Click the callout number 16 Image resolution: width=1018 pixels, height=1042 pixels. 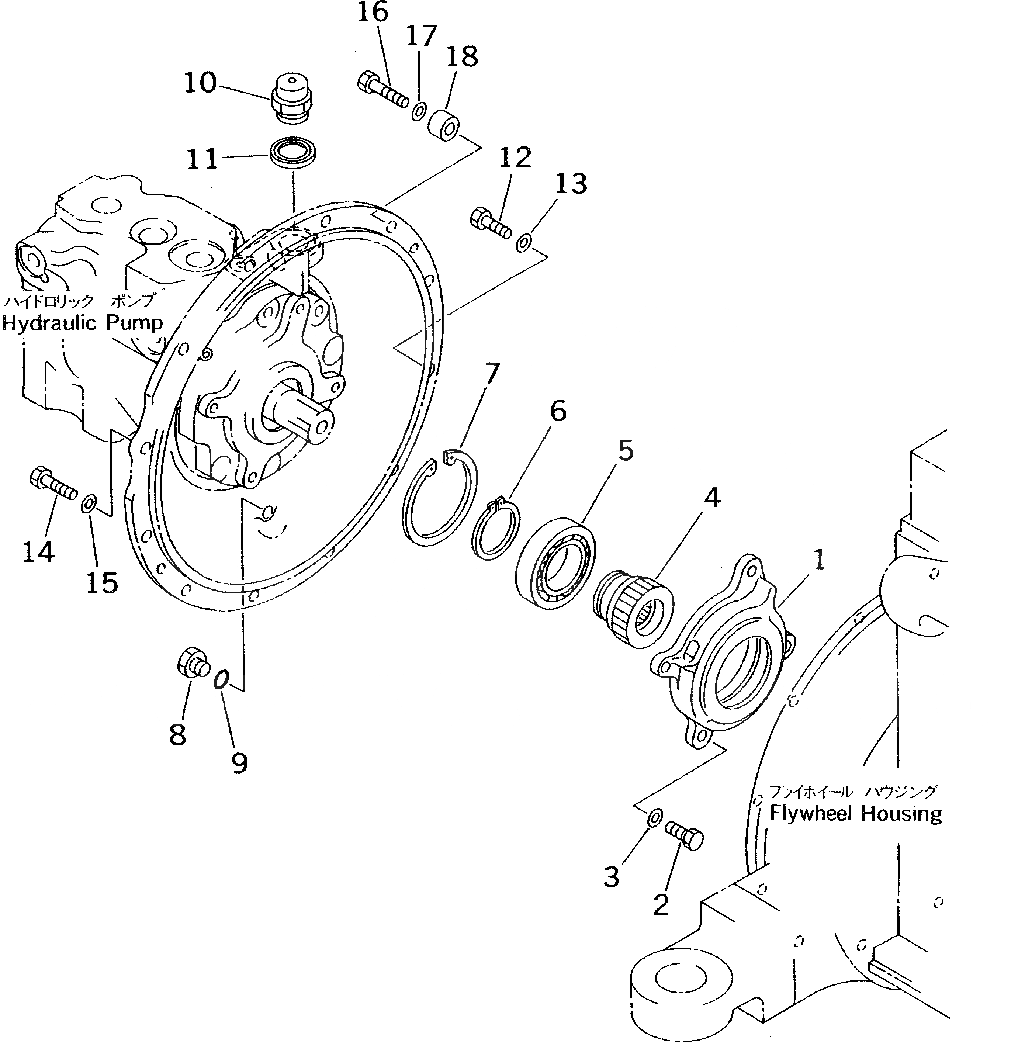click(372, 13)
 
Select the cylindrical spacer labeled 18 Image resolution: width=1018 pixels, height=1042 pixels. click(444, 126)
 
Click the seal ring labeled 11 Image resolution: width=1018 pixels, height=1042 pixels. click(293, 154)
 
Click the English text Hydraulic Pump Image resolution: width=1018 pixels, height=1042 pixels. click(83, 323)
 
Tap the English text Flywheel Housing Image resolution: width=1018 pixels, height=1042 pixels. click(855, 814)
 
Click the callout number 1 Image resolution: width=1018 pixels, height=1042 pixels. click(819, 560)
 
